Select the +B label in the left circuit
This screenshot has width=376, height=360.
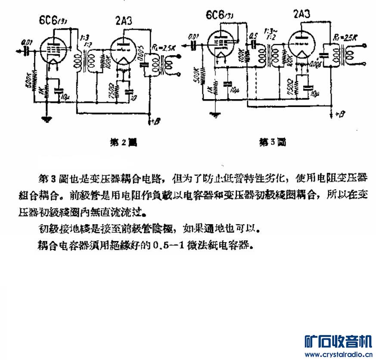tap(155, 122)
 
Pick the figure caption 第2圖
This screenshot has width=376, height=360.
tap(122, 142)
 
